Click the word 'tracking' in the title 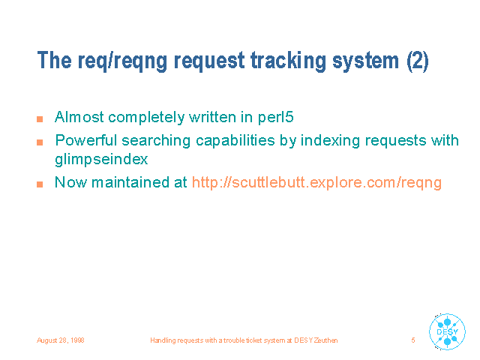click(288, 61)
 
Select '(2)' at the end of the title click(418, 61)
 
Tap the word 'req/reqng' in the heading click(122, 61)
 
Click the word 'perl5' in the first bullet click(275, 117)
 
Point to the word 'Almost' click(79, 117)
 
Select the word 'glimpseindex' click(101, 159)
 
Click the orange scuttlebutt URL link click(316, 182)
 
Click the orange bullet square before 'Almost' click(40, 119)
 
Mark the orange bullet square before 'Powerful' click(40, 142)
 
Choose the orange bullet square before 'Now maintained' click(40, 184)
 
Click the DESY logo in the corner click(447, 331)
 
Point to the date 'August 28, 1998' click(60, 340)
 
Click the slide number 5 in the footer click(413, 340)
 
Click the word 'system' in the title click(366, 61)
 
